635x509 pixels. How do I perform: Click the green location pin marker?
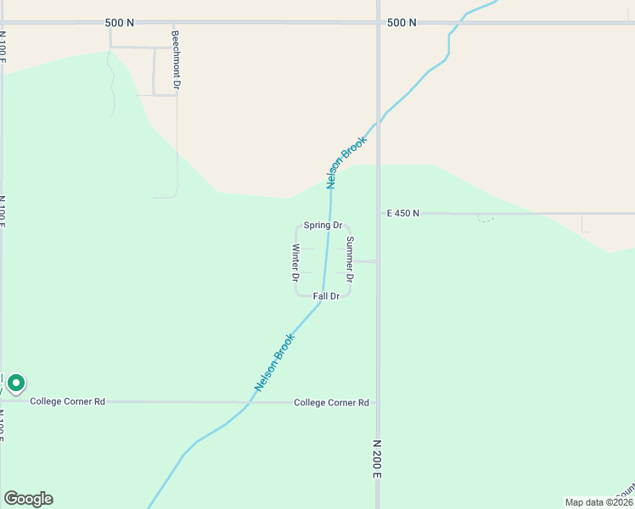[x=15, y=384]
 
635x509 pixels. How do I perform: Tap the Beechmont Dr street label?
[x=176, y=61]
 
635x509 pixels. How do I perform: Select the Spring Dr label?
[x=323, y=226]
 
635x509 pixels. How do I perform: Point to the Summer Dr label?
[x=350, y=259]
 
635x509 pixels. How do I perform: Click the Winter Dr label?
[x=295, y=262]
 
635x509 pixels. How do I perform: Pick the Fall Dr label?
[x=326, y=296]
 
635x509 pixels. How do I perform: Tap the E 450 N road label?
[x=402, y=213]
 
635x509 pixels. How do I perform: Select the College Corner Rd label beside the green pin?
[x=67, y=401]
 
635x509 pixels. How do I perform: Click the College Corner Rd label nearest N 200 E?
[x=331, y=402]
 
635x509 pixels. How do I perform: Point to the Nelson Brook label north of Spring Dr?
[x=346, y=161]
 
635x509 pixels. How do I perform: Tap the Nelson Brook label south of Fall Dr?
[x=275, y=361]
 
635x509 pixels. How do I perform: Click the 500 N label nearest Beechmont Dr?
[x=120, y=23]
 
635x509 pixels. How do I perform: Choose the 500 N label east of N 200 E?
[x=401, y=23]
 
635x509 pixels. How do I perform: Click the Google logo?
[x=28, y=499]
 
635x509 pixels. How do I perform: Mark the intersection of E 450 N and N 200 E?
[x=378, y=213]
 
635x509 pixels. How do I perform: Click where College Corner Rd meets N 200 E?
[x=378, y=402]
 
